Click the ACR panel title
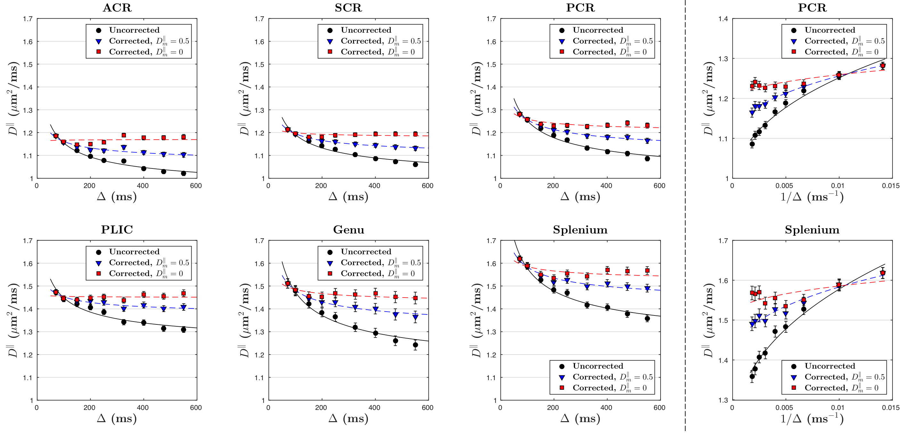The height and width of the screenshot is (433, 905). (x=117, y=8)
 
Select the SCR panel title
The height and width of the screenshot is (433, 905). (x=348, y=8)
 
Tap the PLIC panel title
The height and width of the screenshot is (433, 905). (x=117, y=229)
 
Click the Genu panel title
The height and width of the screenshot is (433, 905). (x=349, y=229)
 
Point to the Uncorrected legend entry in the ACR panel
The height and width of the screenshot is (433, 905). (x=134, y=30)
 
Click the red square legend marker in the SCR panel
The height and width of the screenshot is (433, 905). (x=330, y=52)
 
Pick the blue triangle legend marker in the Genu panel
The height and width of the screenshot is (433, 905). (x=330, y=263)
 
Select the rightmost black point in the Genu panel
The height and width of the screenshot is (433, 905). (x=415, y=345)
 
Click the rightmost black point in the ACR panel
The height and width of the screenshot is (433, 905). (x=183, y=173)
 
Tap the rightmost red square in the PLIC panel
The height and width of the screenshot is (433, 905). (x=183, y=293)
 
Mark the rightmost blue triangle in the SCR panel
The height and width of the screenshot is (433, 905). (x=415, y=149)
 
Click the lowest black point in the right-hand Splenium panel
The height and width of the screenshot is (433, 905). (x=752, y=376)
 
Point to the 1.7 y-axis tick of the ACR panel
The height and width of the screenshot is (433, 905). (x=28, y=19)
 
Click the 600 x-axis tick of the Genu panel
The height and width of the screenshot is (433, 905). (x=427, y=407)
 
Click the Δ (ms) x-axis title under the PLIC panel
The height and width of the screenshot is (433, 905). (x=117, y=419)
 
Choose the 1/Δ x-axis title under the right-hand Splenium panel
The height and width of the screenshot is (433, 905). (x=812, y=419)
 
